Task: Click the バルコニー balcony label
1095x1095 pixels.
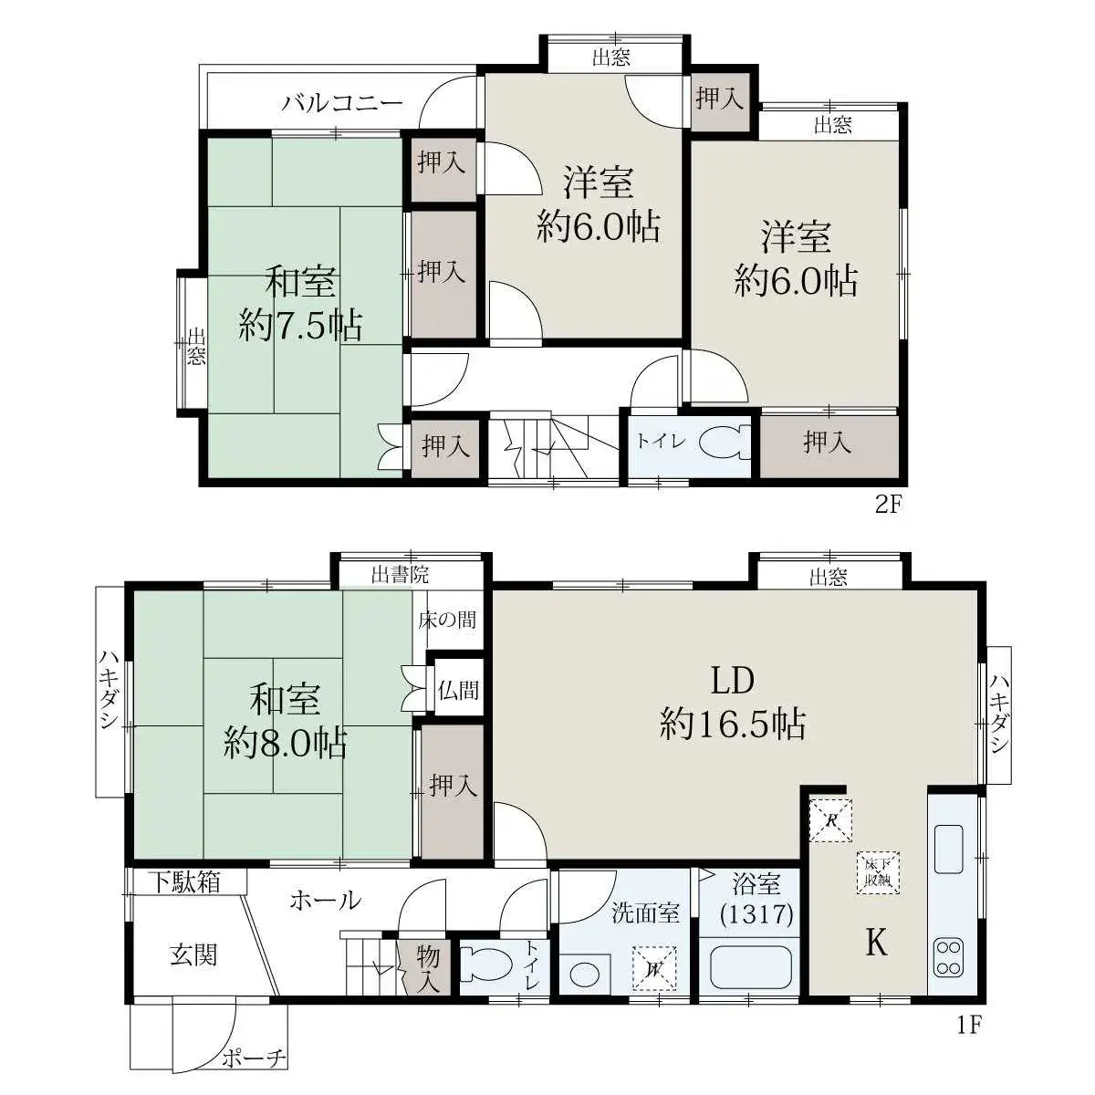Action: (x=343, y=103)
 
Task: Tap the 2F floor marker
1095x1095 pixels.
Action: (x=888, y=504)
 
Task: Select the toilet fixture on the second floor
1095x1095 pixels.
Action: (x=724, y=442)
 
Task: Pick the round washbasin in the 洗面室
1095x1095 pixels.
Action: (x=581, y=976)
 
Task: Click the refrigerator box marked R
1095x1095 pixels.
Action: (x=830, y=820)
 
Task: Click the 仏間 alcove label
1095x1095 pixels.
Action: (x=458, y=691)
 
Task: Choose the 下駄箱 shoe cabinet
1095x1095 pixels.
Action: (x=185, y=882)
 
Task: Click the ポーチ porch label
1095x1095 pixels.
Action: (x=254, y=1058)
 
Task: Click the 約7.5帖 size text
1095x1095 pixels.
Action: (x=300, y=326)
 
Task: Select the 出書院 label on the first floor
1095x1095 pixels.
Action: (x=400, y=575)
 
